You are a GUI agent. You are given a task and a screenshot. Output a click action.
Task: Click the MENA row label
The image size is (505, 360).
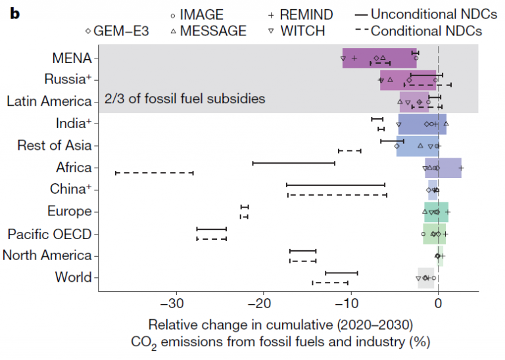(72, 58)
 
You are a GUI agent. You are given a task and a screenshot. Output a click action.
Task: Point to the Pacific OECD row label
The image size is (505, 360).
(49, 234)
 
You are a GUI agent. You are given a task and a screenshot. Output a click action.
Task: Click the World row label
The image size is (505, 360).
(73, 277)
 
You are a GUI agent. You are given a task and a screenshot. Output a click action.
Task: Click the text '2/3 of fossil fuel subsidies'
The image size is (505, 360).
(185, 99)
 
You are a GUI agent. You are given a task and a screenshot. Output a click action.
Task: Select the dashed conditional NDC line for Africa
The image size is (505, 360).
(155, 173)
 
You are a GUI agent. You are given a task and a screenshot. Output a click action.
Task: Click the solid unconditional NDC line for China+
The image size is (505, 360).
(336, 185)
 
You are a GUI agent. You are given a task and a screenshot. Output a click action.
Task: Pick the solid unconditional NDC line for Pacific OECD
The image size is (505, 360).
(211, 229)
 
